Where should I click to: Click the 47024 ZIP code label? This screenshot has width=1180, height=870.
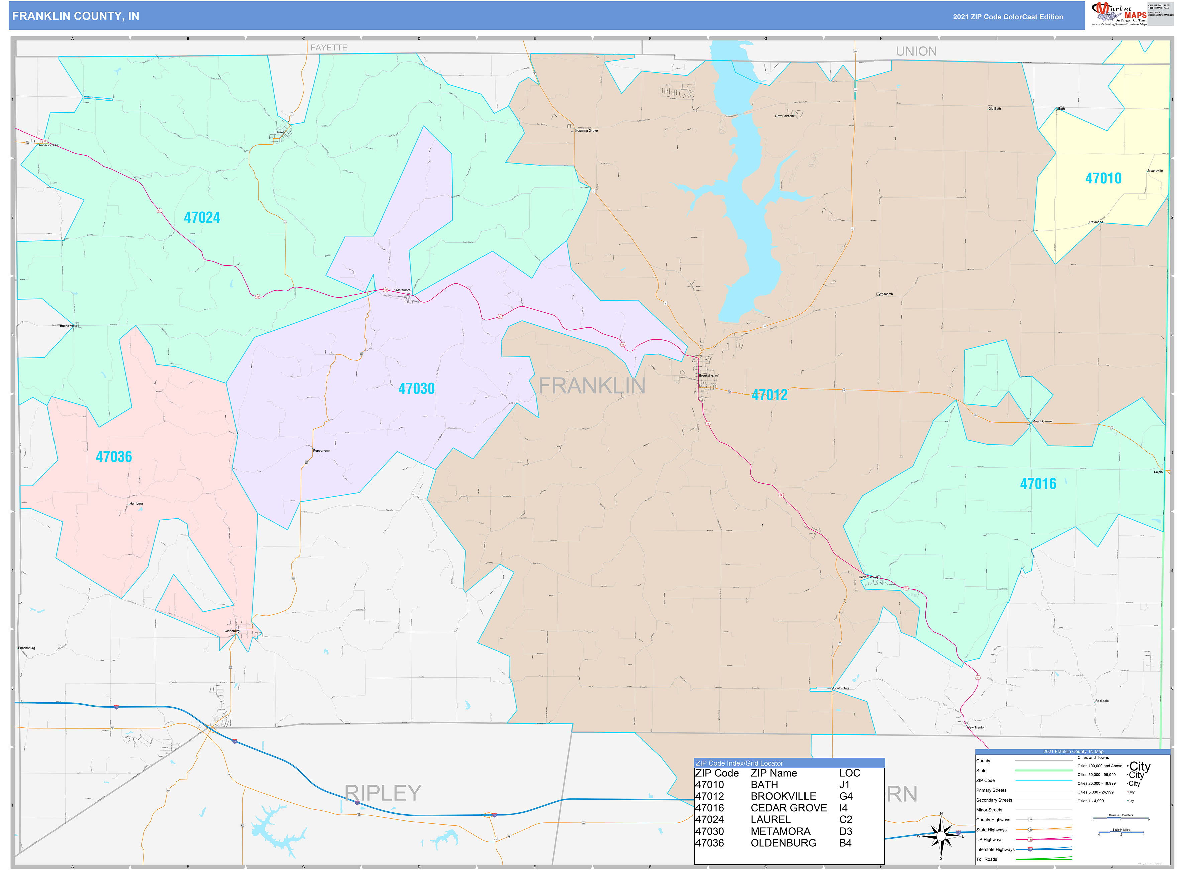coord(202,217)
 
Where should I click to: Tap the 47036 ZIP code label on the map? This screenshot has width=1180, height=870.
coord(114,457)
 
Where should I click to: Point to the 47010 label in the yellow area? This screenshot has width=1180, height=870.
coord(1103,179)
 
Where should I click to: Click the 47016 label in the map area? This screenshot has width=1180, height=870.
coord(1037,484)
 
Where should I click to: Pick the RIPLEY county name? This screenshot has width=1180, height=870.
coord(383,793)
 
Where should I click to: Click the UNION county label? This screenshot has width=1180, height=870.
coord(916,51)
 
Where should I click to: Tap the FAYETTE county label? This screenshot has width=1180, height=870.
coord(328,48)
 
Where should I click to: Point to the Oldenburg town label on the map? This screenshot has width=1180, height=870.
coord(232,631)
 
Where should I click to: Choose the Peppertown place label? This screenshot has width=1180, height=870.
coord(322,451)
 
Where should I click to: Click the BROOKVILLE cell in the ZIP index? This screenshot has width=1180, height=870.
coord(783,796)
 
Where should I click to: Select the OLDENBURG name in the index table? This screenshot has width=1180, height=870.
coord(783,843)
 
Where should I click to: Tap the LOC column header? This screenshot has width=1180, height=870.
coord(849,773)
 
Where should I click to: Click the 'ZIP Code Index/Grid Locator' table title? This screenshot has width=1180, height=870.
coord(739,763)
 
